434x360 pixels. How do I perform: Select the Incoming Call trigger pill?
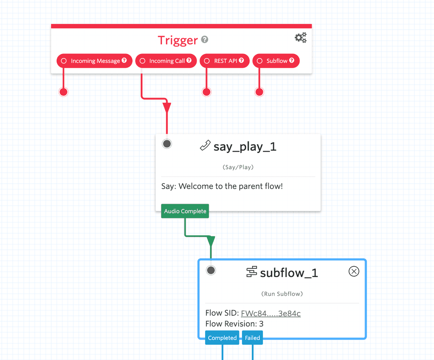tap(166, 61)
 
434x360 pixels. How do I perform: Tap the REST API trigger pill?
tap(224, 61)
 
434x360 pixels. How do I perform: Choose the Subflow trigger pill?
tap(276, 61)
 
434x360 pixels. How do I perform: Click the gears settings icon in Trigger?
tap(300, 38)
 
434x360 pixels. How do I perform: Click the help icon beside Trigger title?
tap(205, 40)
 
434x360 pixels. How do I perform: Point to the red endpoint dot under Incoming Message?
tap(63, 92)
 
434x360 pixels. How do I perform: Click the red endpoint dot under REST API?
tap(207, 92)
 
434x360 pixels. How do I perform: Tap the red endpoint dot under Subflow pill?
tap(259, 92)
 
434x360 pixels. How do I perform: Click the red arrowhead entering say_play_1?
tap(167, 108)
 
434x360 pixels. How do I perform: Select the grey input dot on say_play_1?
tap(167, 144)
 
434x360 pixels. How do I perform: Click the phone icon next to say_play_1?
tap(205, 146)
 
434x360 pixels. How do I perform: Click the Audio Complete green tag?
tap(185, 211)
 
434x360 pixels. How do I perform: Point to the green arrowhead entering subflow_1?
tap(211, 241)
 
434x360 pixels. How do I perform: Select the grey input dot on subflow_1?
tap(211, 270)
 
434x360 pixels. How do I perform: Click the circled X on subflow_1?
tap(354, 271)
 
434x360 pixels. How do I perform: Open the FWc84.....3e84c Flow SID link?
tap(270, 314)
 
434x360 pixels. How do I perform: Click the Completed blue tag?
tap(222, 338)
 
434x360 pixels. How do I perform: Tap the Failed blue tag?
tap(252, 338)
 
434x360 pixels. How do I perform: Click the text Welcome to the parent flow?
tap(230, 186)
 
